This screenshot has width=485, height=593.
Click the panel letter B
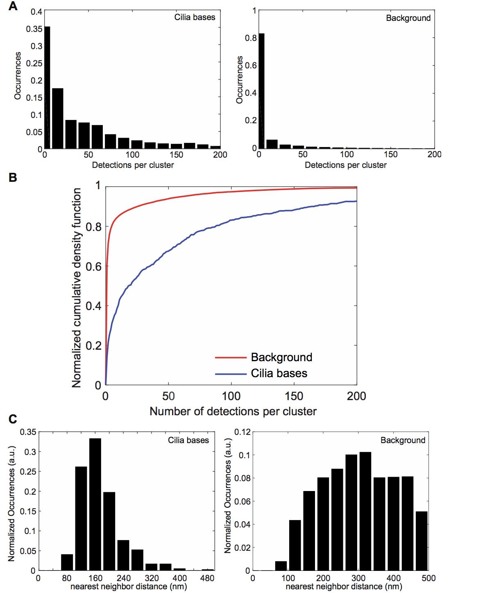point(13,178)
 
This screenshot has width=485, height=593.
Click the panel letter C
point(13,419)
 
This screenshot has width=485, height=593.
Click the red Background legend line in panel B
point(231,358)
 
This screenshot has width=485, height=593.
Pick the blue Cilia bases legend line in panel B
point(231,373)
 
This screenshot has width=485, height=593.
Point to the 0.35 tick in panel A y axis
point(34,29)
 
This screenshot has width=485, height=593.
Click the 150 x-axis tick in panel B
point(294,396)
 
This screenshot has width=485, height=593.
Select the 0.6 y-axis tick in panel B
point(95,266)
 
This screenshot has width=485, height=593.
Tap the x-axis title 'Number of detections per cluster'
point(233,411)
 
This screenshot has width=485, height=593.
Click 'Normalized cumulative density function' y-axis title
point(77,287)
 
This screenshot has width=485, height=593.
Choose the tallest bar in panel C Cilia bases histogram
point(95,504)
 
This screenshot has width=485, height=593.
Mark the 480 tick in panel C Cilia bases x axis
point(208,578)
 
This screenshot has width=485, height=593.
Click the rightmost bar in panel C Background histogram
point(422,541)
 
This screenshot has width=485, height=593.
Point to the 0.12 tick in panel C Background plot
point(242,432)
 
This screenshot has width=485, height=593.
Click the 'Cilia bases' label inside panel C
point(188,440)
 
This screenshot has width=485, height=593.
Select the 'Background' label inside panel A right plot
point(408,18)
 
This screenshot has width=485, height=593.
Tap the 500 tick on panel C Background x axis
point(428,578)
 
